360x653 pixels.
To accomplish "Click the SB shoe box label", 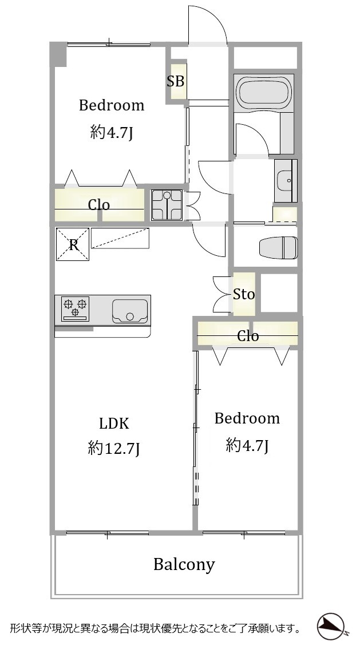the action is [x=175, y=81].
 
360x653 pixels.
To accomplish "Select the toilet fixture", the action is [x=278, y=247].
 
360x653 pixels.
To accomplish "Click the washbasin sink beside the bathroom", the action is [x=286, y=181].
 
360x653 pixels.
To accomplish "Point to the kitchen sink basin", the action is [x=130, y=311].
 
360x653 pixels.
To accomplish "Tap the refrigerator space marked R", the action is [x=73, y=244].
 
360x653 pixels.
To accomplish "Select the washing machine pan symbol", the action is [x=167, y=204].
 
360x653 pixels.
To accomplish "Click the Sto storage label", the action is [x=244, y=294].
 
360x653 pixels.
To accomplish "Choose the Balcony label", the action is [x=184, y=565].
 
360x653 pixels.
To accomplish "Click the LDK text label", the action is [x=114, y=424].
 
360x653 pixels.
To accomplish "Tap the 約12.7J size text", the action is [x=113, y=449].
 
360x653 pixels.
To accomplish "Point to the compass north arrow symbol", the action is [x=331, y=626].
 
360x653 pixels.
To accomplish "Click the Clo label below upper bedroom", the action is [x=99, y=204].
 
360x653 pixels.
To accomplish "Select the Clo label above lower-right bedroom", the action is [x=248, y=336].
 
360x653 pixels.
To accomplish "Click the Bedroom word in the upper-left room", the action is [x=112, y=105].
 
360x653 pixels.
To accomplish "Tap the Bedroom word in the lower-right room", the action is [x=247, y=418].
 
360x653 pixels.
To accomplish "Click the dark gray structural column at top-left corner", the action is [x=58, y=54].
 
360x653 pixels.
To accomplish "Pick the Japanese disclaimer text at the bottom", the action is [x=156, y=628].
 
